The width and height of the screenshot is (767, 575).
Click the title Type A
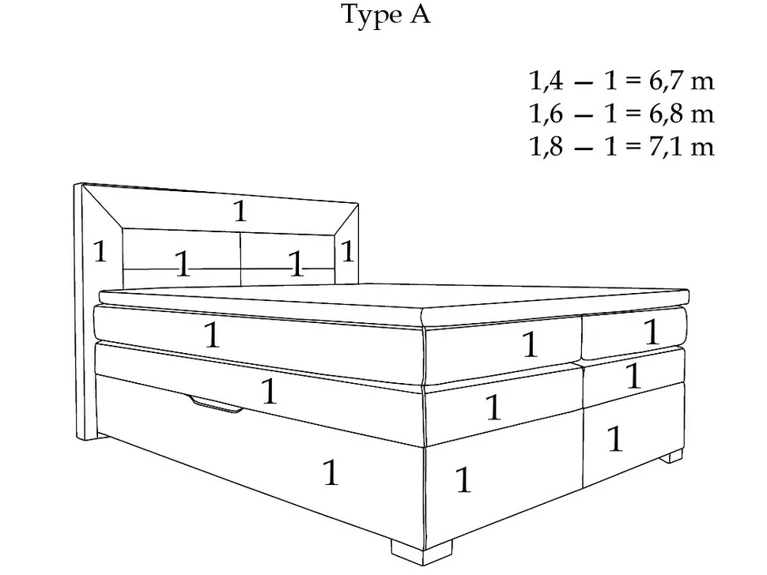(386, 15)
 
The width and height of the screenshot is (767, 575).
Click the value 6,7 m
(682, 81)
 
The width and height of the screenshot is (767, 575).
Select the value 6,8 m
(682, 113)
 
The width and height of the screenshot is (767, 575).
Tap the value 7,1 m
(682, 146)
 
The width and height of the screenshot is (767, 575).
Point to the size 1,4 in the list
(546, 81)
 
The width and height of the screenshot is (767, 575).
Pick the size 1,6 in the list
(546, 113)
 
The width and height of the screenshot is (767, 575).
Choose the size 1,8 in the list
(546, 146)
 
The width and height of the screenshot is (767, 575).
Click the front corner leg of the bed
(421, 551)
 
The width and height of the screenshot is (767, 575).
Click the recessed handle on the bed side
(216, 405)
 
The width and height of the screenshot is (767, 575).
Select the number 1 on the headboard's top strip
(240, 212)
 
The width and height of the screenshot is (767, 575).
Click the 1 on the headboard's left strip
(100, 252)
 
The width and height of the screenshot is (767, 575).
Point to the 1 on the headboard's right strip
(347, 252)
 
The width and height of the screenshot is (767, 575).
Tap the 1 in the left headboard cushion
(183, 263)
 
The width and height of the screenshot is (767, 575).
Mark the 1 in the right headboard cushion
(297, 263)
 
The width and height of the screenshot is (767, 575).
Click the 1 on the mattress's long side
(212, 335)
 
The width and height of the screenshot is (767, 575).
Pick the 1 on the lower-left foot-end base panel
(463, 479)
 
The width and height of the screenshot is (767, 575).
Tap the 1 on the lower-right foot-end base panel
(615, 438)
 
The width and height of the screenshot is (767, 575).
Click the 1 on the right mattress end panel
(652, 332)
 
